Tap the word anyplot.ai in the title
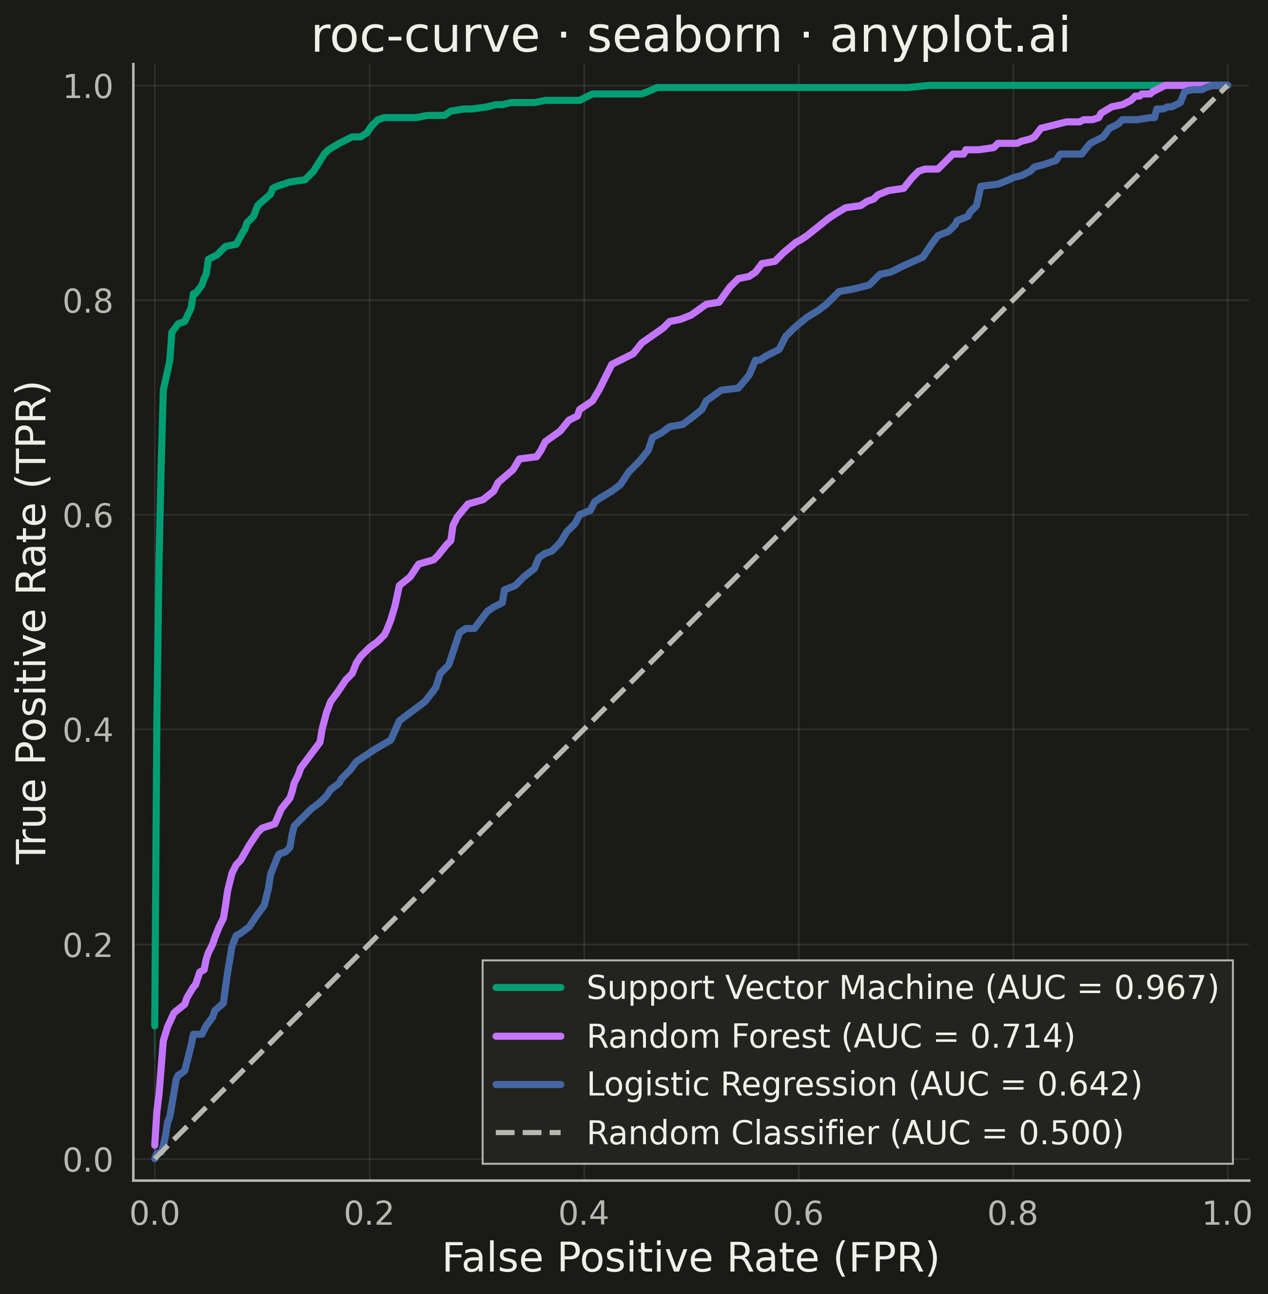(x=950, y=38)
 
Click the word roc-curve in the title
(x=425, y=38)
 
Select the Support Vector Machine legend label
(x=902, y=988)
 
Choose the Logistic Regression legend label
(x=864, y=1084)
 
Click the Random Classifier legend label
(x=855, y=1133)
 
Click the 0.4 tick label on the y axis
(x=88, y=730)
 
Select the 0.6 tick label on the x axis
(x=799, y=1214)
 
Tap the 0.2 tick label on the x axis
(x=370, y=1214)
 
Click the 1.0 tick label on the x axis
(x=1228, y=1214)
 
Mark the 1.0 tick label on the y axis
(x=88, y=87)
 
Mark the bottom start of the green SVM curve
(x=155, y=1025)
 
